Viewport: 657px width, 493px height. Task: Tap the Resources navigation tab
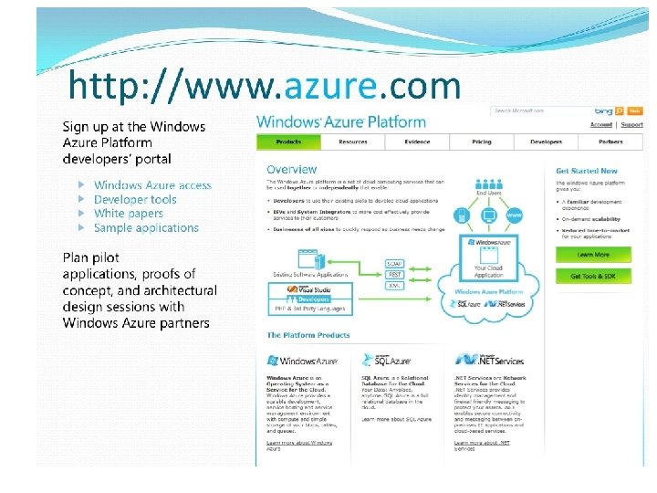point(352,142)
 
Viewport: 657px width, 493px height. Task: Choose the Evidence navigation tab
point(417,142)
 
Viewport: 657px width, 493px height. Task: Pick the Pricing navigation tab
point(482,142)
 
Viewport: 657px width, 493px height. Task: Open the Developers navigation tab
point(546,142)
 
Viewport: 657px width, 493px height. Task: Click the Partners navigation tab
point(610,142)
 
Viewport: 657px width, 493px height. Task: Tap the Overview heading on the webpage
point(292,169)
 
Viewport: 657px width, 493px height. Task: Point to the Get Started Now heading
point(587,171)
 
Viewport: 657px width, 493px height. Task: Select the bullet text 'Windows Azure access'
point(152,185)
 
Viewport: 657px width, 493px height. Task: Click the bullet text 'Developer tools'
point(135,199)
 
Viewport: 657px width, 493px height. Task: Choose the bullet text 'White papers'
point(129,214)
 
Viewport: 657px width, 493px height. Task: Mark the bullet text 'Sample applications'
point(146,228)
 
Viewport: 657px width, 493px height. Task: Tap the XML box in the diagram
point(394,286)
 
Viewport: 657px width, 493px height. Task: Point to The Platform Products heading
point(308,335)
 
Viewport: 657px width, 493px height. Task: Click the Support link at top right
point(631,124)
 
